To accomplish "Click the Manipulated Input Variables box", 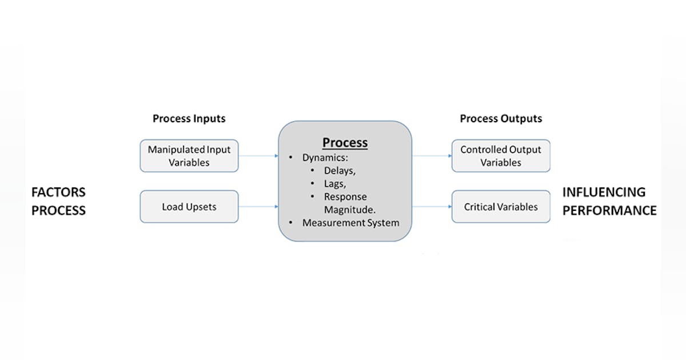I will (x=189, y=156).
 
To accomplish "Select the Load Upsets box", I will (x=189, y=206).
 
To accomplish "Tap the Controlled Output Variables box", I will (x=501, y=156).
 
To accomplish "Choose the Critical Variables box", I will (x=501, y=206).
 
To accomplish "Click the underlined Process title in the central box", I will (x=345, y=142).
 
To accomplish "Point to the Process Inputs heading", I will (x=189, y=119).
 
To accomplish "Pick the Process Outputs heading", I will (x=501, y=119).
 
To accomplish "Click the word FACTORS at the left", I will (x=58, y=192).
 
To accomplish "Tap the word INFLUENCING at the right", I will (x=604, y=192).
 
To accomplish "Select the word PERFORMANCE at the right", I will (x=609, y=210).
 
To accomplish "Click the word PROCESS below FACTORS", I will (x=58, y=210).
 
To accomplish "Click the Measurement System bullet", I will (x=350, y=223).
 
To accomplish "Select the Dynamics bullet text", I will (x=325, y=156).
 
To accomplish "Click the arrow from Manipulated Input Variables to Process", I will (x=258, y=155).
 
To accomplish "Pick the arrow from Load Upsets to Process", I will (x=258, y=206).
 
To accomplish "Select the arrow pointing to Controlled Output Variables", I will (x=432, y=155).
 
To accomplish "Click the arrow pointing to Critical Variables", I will (x=432, y=206).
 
